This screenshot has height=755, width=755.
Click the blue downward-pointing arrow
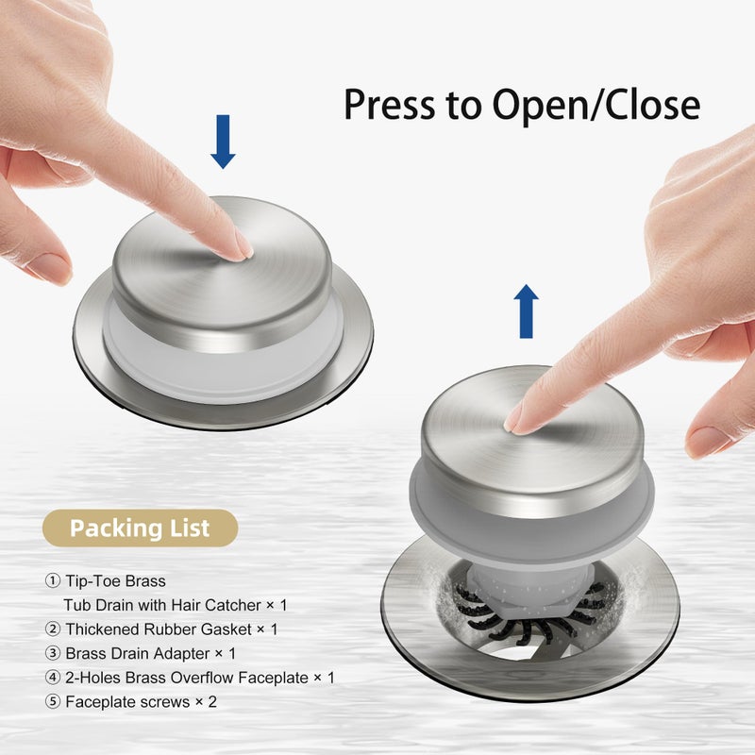click(x=223, y=141)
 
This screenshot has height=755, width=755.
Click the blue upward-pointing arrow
click(x=526, y=311)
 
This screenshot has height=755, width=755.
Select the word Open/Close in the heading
click(x=596, y=105)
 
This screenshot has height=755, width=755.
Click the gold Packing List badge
click(x=140, y=528)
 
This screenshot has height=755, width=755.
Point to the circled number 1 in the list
click(x=53, y=580)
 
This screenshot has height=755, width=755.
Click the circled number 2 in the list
click(x=53, y=629)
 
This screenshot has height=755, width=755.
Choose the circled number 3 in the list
click(x=53, y=653)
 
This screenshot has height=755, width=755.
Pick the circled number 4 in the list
click(x=53, y=678)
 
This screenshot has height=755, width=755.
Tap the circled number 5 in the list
click(x=53, y=701)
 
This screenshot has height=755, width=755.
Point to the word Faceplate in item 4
click(x=273, y=679)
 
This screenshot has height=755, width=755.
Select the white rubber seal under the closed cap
click(x=223, y=359)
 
